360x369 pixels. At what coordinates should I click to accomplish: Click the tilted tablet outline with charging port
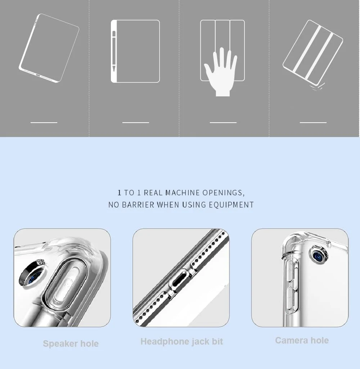(49, 48)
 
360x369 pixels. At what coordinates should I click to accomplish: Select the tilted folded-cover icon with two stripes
(312, 53)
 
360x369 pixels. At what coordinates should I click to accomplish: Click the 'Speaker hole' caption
(71, 343)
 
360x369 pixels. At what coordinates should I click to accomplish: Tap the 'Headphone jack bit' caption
(182, 341)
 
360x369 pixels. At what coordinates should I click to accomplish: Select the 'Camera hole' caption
(302, 340)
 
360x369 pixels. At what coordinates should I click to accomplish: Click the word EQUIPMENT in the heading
(231, 205)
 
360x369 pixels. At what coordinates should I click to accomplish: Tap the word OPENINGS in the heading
(224, 193)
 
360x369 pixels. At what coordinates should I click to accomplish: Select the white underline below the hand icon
(223, 123)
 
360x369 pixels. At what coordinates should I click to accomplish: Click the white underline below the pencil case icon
(136, 123)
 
